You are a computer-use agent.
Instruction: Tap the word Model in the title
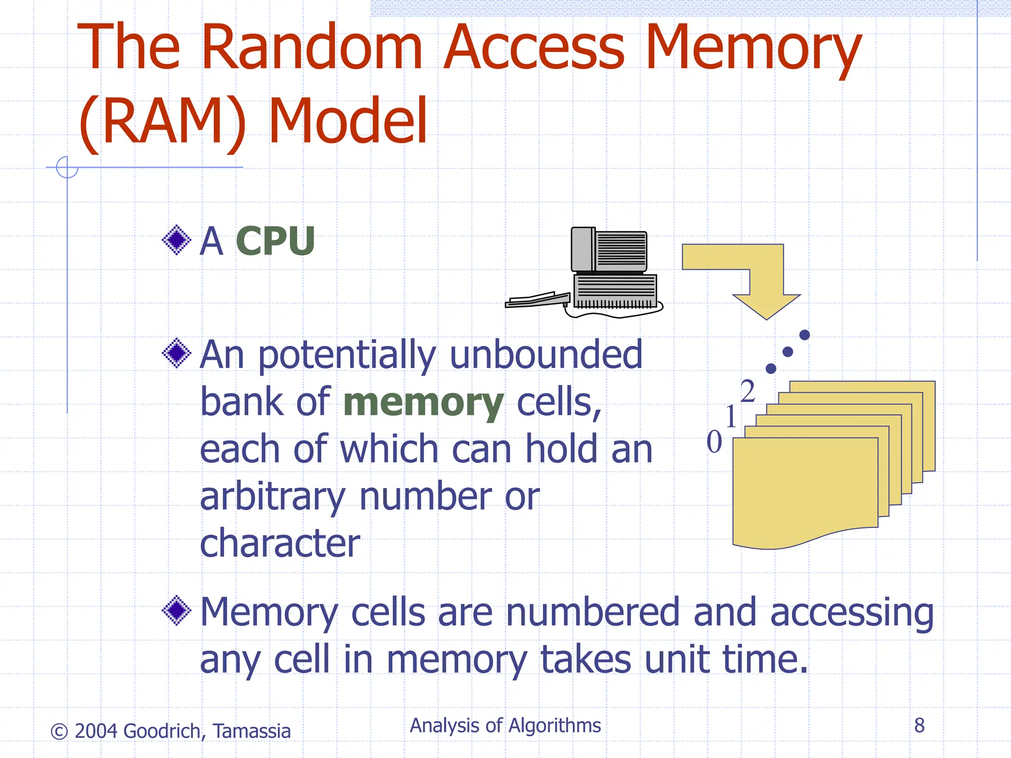click(348, 121)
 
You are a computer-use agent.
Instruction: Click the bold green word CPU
click(275, 241)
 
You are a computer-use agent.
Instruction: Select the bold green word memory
click(423, 402)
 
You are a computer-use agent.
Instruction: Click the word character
click(280, 543)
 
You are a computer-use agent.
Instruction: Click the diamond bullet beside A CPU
click(177, 240)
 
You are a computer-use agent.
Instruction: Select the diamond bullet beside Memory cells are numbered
click(177, 611)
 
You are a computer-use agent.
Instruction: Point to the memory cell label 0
click(714, 442)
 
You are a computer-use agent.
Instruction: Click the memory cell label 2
click(748, 391)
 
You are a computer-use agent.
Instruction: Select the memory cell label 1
click(731, 417)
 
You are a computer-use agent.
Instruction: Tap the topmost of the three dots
click(805, 335)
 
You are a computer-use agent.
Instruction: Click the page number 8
click(919, 725)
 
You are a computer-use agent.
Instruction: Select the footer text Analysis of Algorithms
click(505, 726)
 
